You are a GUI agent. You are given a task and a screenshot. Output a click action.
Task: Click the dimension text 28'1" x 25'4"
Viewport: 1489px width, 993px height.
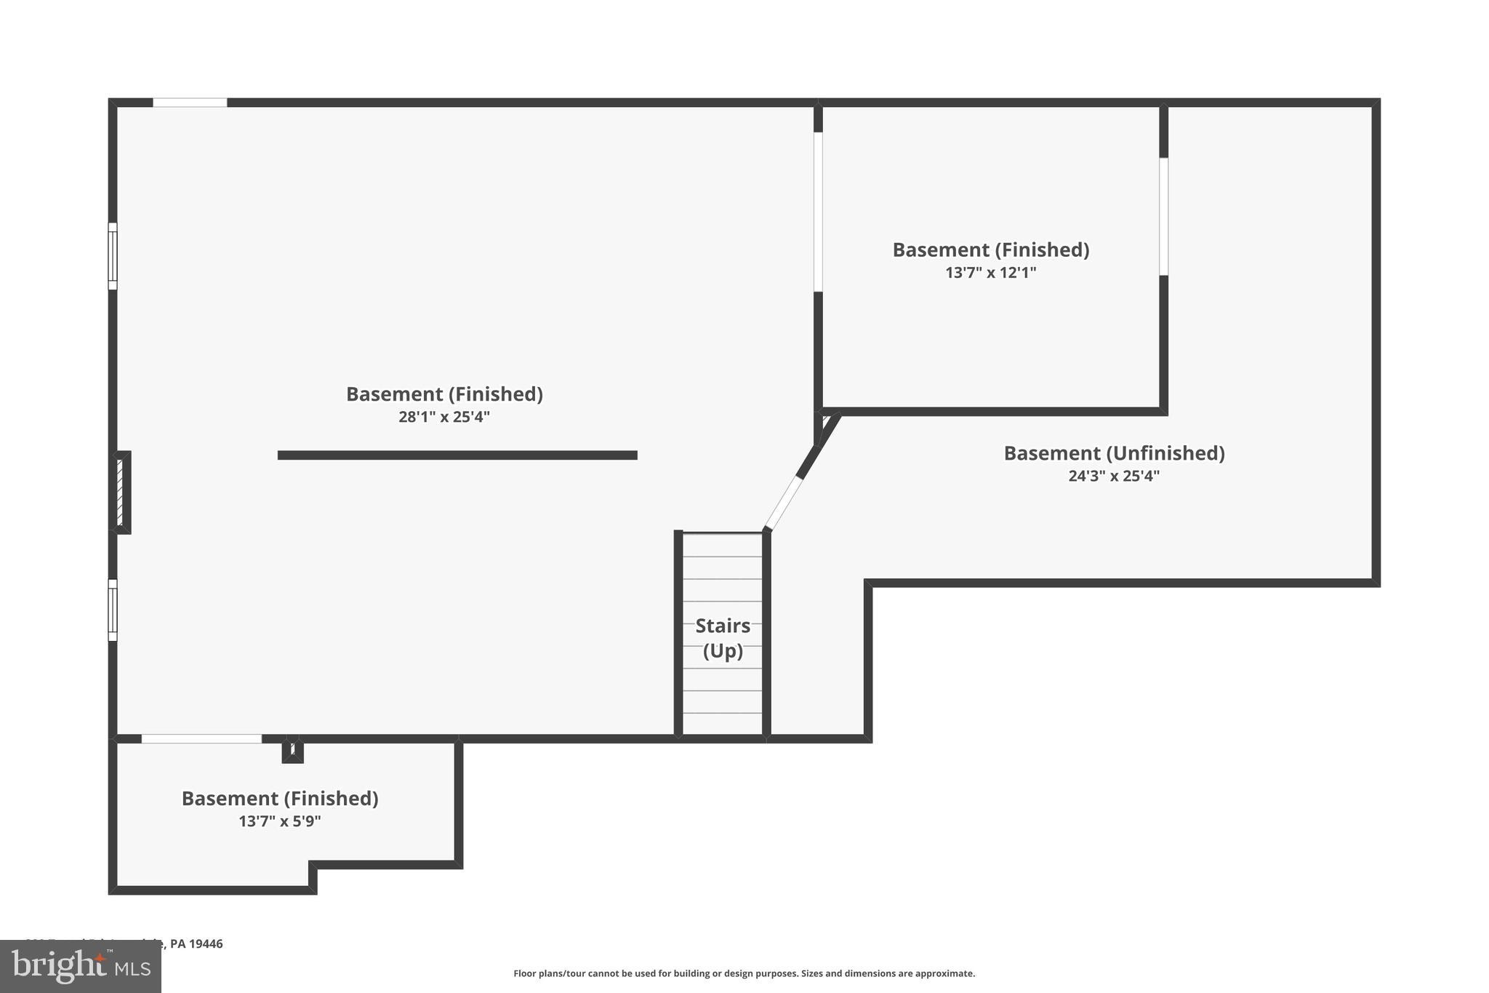(444, 417)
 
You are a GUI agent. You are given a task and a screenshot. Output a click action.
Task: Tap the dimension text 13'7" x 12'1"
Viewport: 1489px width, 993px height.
(990, 273)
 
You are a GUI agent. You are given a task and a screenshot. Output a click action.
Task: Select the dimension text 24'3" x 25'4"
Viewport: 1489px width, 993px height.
(1113, 476)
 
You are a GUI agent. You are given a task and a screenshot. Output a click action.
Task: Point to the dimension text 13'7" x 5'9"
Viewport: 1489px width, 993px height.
(280, 821)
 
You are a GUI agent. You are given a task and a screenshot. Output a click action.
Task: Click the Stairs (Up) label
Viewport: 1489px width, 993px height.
(723, 637)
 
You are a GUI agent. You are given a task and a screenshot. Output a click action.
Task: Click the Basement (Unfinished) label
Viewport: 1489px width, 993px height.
(1114, 453)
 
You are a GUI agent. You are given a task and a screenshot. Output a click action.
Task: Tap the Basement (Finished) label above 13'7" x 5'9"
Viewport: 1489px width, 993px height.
(280, 798)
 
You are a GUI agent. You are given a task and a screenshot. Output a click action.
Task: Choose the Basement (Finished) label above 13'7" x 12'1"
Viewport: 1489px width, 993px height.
(990, 250)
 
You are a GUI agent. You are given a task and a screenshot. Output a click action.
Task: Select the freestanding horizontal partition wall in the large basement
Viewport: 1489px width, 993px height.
(457, 455)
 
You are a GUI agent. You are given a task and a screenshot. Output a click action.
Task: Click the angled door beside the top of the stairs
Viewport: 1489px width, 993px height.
(783, 503)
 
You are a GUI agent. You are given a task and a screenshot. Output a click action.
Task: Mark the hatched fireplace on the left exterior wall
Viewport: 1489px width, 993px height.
(121, 492)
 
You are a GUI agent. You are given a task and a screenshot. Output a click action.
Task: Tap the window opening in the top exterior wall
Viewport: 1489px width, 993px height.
(190, 103)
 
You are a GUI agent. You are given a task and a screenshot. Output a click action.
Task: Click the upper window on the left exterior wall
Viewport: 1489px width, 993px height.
(113, 256)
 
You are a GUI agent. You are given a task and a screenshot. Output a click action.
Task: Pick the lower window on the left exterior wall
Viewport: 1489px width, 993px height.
(113, 610)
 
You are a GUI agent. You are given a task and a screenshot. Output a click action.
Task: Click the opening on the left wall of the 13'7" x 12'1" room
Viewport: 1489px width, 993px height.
(818, 212)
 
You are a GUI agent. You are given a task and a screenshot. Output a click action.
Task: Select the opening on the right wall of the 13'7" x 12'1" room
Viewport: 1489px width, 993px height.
(1163, 216)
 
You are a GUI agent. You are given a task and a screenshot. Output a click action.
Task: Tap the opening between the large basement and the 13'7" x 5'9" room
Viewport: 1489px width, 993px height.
(201, 738)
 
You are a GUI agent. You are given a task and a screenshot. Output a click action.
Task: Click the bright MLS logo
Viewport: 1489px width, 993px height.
(81, 966)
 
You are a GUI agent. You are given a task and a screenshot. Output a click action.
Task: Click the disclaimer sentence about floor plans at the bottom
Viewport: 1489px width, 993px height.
(744, 973)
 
